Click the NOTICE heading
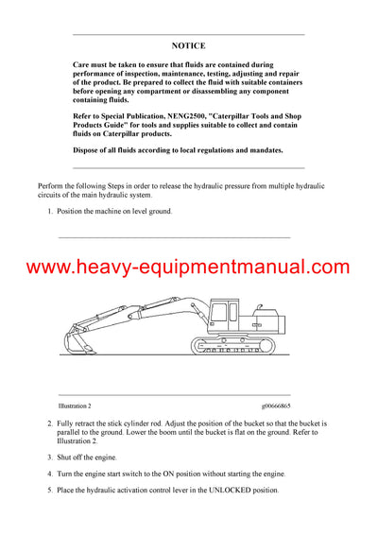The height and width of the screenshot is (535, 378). (x=188, y=45)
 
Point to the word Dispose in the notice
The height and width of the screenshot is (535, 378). (x=88, y=150)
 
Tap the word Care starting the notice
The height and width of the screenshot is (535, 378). (x=82, y=61)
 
